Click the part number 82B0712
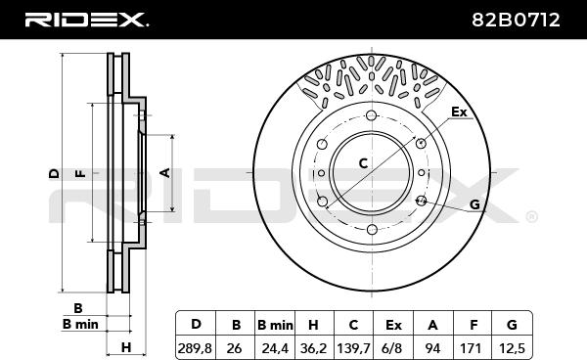[x=516, y=20]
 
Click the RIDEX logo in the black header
[x=86, y=20]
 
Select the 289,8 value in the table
[x=195, y=349]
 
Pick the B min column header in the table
[x=275, y=325]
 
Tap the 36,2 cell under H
[x=314, y=349]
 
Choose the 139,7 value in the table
[x=353, y=349]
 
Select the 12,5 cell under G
[x=512, y=349]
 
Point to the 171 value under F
[x=471, y=349]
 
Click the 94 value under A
[x=432, y=349]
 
